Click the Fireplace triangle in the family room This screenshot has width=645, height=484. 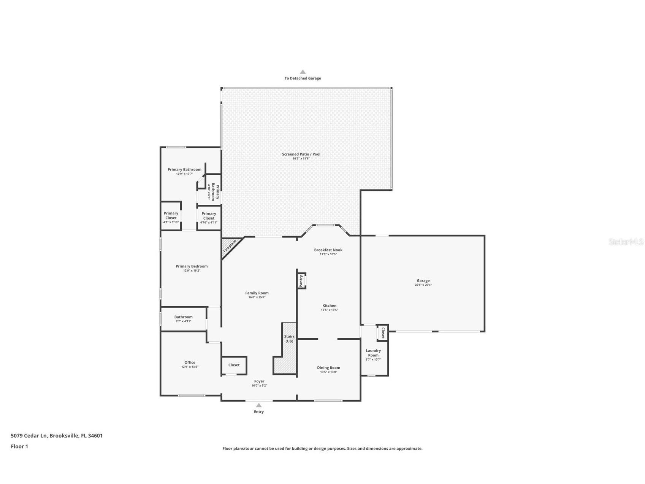point(229,246)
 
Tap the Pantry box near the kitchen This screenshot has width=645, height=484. point(301,281)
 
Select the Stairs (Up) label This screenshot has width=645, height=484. point(289,339)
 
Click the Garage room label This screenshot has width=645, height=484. point(423,281)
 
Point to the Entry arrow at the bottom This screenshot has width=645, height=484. point(259,405)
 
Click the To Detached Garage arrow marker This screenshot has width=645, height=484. point(303,72)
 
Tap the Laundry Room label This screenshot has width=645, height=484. point(373,353)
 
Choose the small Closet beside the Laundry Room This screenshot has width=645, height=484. point(382,333)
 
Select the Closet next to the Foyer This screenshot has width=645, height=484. point(234,365)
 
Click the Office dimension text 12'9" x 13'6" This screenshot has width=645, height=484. point(190,367)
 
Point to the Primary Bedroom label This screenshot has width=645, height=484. point(192,266)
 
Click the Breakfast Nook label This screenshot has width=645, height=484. point(328,250)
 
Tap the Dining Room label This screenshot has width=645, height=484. point(328,368)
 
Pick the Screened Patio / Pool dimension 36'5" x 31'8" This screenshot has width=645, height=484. point(301,158)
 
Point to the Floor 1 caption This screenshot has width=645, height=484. point(19,446)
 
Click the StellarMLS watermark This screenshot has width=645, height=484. point(626,242)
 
